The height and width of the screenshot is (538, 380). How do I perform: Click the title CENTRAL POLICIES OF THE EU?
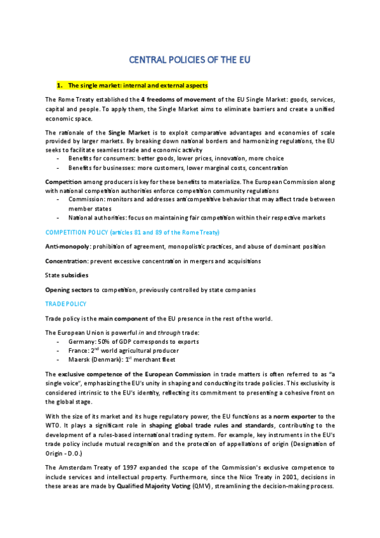pos(190,60)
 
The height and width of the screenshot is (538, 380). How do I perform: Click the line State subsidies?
pos(67,275)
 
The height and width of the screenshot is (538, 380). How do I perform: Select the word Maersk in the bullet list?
pos(79,359)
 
